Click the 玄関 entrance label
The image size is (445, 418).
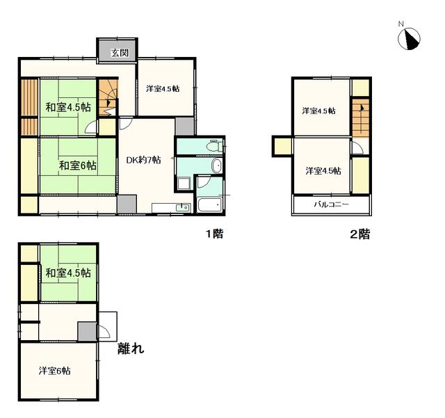(x=120, y=53)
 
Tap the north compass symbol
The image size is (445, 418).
(x=409, y=39)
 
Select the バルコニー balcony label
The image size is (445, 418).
(x=331, y=204)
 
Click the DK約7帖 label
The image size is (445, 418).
(x=143, y=160)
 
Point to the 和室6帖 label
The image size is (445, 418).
(x=77, y=166)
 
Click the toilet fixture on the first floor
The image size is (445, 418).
(x=213, y=145)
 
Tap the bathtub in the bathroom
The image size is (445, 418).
(x=210, y=204)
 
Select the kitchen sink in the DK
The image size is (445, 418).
(x=183, y=207)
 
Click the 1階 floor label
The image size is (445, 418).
(x=215, y=234)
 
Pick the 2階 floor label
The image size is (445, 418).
(x=360, y=234)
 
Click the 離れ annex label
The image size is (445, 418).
(x=131, y=348)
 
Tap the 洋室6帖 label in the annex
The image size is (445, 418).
(x=54, y=371)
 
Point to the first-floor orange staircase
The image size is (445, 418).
(x=108, y=97)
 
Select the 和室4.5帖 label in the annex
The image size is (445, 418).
(x=68, y=273)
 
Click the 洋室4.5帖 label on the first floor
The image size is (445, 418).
(x=163, y=88)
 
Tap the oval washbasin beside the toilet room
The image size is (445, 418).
(x=217, y=166)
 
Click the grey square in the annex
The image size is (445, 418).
(x=87, y=331)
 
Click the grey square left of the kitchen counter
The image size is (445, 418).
(x=127, y=204)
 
